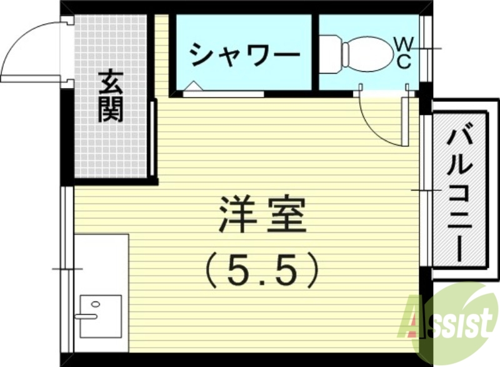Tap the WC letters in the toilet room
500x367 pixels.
[x=404, y=52]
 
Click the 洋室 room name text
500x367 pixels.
[x=261, y=215]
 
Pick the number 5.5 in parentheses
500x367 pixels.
[x=262, y=269]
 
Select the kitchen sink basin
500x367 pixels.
[x=100, y=316]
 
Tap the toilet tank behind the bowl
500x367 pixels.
[x=331, y=52]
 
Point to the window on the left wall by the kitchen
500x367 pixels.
[x=67, y=268]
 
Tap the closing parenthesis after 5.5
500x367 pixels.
[x=312, y=269]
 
